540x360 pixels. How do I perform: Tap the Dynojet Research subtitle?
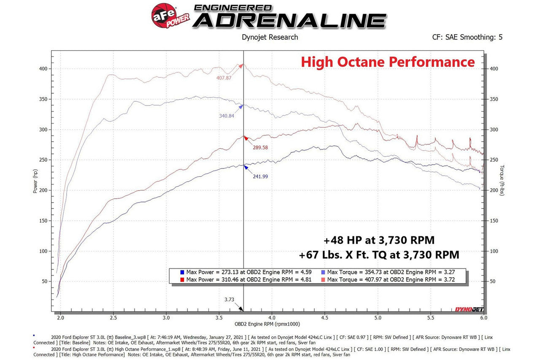click(270, 37)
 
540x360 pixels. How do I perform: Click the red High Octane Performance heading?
click(387, 62)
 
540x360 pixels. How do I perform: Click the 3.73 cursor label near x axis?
click(229, 300)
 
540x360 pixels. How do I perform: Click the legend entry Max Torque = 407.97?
click(391, 279)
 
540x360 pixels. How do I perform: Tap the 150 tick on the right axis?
click(494, 221)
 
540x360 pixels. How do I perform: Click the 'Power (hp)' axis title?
click(35, 182)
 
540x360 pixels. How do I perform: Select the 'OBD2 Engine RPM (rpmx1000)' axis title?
click(267, 325)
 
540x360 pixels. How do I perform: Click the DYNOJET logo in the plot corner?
click(469, 309)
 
